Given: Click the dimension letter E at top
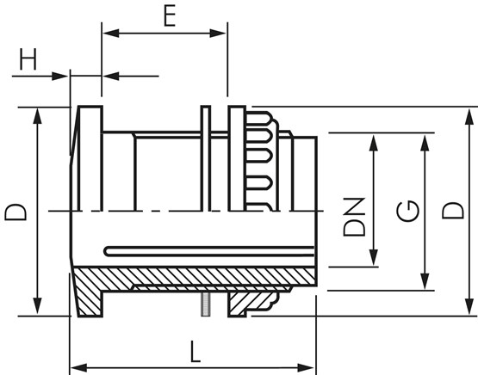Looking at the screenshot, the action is (170, 15).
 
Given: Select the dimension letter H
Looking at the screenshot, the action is (28, 59).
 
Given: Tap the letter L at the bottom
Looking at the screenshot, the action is (195, 352).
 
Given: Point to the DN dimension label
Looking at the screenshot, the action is (354, 217).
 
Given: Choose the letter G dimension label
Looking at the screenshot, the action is (407, 211).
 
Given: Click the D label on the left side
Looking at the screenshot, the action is (16, 212).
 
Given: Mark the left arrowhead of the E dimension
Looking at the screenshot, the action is (110, 34).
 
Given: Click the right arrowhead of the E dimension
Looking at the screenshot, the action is (218, 34).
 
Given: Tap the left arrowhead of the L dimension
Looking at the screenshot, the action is (78, 368).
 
